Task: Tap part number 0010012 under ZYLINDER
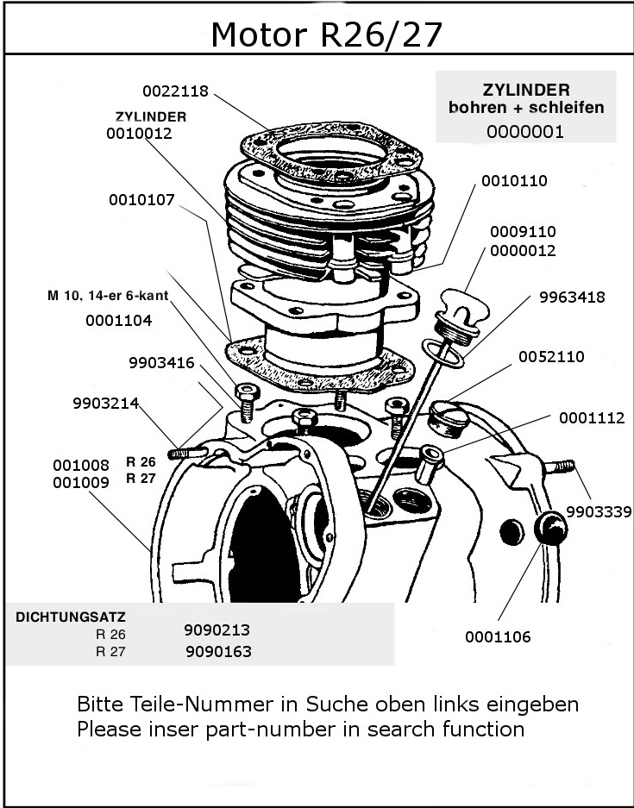[x=140, y=134]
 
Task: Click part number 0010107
[x=141, y=200]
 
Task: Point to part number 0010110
[x=514, y=181]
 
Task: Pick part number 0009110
[x=523, y=232]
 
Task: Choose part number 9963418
[x=572, y=298]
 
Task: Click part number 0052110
[x=551, y=356]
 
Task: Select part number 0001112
[x=592, y=418]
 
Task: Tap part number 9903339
[x=599, y=511]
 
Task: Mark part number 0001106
[x=498, y=637]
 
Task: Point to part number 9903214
[x=106, y=403]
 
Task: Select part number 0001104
[x=119, y=321]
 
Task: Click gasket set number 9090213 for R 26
[x=217, y=630]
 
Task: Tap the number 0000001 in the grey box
[x=524, y=132]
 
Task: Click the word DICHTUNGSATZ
[x=72, y=617]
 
